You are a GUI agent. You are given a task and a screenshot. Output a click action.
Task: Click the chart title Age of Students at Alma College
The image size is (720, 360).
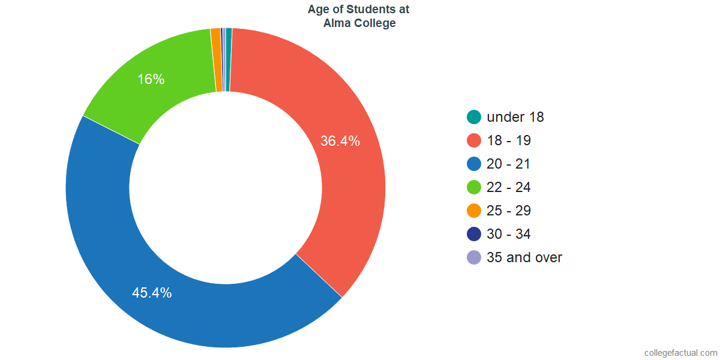point(359,17)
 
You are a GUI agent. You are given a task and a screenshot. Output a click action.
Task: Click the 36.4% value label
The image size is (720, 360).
point(340,142)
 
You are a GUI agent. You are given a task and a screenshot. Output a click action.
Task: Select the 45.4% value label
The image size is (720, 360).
point(152,293)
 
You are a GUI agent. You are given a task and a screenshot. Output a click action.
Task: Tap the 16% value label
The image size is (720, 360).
point(151,79)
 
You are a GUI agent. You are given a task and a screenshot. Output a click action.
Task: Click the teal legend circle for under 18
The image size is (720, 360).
point(474,117)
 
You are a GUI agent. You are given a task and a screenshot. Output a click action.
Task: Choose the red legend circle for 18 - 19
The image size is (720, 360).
point(474,140)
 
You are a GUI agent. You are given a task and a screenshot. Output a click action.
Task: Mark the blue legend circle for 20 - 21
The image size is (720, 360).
point(474,164)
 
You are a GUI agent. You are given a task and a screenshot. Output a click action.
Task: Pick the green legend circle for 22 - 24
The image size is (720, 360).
point(474,187)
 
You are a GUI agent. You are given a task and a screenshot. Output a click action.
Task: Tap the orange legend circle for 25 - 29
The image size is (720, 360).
point(474,211)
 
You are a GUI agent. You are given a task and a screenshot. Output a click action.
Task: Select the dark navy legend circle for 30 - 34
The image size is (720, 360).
point(474,234)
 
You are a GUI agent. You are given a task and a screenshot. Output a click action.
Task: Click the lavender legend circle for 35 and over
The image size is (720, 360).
point(474,257)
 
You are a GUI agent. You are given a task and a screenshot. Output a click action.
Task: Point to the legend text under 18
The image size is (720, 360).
point(515,117)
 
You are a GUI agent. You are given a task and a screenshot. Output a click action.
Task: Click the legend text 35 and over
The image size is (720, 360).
point(524,257)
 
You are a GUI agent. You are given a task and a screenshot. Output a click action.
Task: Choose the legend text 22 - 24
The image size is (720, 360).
point(509,187)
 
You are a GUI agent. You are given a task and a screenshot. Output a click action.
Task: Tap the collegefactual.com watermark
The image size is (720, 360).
point(680,353)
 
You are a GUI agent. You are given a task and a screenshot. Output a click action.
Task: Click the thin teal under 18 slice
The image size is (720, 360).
point(229,60)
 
